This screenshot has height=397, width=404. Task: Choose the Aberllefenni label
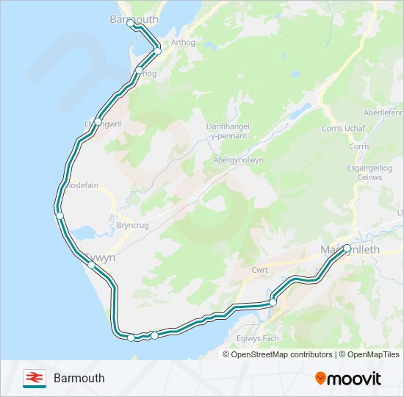pyautogui.click(x=384, y=112)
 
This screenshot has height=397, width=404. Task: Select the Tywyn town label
pyautogui.click(x=101, y=258)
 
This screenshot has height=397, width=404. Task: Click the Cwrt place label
pyautogui.click(x=259, y=270)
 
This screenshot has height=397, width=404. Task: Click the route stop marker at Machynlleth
pyautogui.click(x=347, y=248)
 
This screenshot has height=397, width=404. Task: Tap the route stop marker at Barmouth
pyautogui.click(x=131, y=23)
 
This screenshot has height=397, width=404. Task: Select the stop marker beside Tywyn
pyautogui.click(x=91, y=265)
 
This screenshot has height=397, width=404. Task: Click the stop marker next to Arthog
pyautogui.click(x=157, y=50)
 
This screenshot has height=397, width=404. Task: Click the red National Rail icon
pyautogui.click(x=32, y=378)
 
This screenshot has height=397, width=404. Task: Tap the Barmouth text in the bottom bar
pyautogui.click(x=79, y=378)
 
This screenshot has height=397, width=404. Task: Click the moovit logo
pyautogui.click(x=348, y=378)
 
